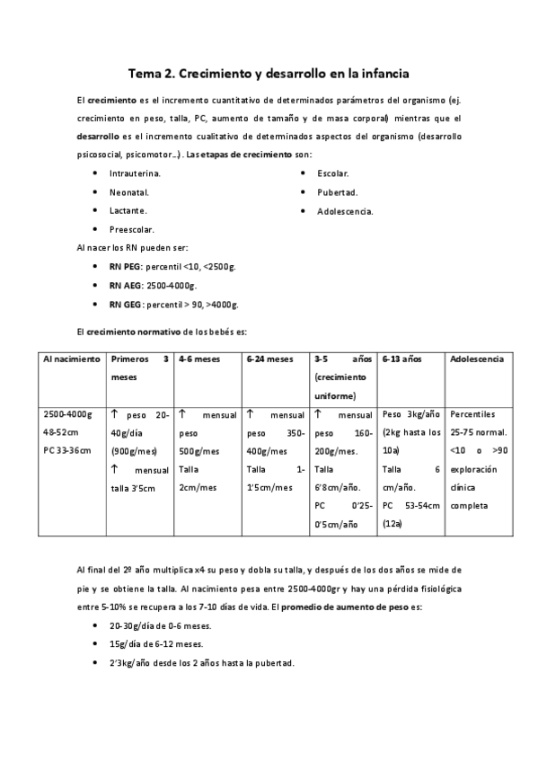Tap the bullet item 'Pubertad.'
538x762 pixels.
tap(338, 191)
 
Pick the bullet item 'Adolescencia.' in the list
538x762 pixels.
tap(345, 211)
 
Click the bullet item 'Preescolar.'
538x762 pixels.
tap(132, 230)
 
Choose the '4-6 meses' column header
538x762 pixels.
tap(199, 359)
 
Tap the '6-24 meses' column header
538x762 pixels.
tap(270, 359)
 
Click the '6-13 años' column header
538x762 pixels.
tap(402, 359)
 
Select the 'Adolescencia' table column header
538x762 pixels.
tap(477, 359)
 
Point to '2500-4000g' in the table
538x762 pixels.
tap(68, 414)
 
